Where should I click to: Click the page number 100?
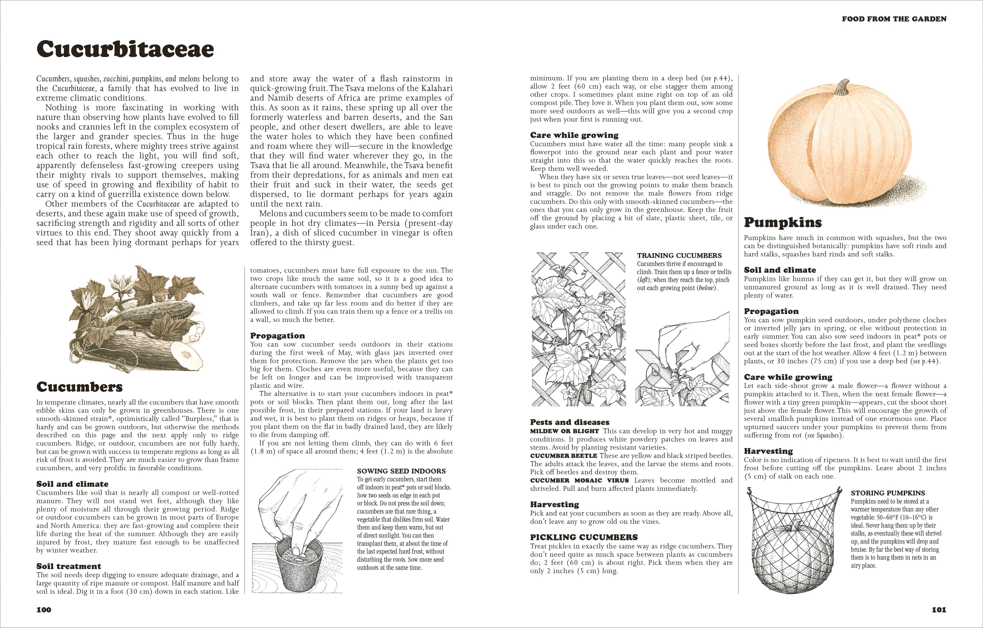point(44,610)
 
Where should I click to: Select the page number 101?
point(939,610)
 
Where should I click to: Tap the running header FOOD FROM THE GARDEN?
point(894,19)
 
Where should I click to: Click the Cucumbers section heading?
point(80,386)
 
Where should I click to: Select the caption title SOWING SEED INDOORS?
point(401,471)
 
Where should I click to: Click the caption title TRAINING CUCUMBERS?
point(679,255)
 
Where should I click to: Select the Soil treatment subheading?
point(69,566)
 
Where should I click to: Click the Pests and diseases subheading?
point(570,422)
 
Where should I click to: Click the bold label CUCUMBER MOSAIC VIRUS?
point(579,480)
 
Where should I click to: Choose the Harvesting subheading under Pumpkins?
point(768,451)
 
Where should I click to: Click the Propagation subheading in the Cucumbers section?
point(277,335)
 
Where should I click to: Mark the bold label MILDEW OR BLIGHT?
point(564,431)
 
